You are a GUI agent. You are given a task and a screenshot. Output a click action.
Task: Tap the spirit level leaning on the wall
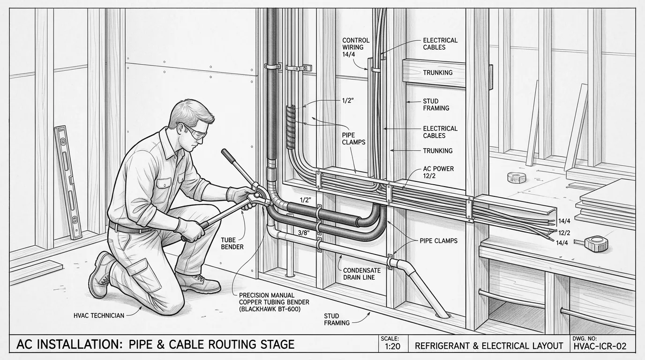[x=68, y=182]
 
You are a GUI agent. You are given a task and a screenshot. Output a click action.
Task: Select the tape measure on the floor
[x=597, y=243]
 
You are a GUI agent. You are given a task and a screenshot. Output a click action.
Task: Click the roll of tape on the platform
[x=517, y=177]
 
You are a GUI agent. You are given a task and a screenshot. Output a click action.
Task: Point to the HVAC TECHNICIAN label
[x=99, y=315]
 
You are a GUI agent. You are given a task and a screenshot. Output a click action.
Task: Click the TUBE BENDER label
[x=232, y=243]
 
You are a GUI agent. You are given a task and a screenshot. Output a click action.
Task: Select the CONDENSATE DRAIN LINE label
[x=362, y=274]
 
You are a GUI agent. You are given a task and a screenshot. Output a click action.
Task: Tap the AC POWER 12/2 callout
[x=438, y=172]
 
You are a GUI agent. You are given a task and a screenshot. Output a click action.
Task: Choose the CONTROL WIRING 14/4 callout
[x=356, y=47]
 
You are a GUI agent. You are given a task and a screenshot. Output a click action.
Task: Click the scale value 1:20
[x=392, y=346]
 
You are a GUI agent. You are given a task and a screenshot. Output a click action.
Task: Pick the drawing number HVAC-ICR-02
[x=600, y=346]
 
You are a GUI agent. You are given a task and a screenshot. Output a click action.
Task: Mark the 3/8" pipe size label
[x=303, y=233]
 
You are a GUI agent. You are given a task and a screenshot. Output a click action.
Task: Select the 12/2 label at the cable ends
[x=564, y=232]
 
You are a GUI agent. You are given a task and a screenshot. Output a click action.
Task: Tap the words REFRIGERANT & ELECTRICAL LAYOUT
[x=489, y=345]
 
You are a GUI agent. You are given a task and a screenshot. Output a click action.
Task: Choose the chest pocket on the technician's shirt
[x=164, y=184]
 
